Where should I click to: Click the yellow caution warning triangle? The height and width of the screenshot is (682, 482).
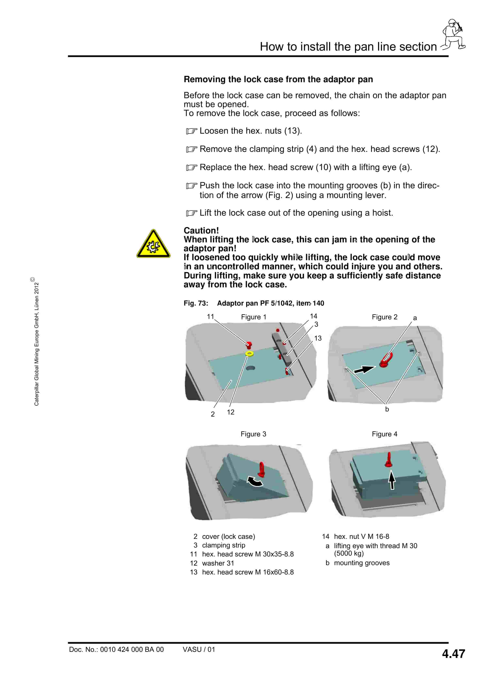point(153,244)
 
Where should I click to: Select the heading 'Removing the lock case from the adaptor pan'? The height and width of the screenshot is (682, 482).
point(278,79)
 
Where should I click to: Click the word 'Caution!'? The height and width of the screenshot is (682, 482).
point(201,230)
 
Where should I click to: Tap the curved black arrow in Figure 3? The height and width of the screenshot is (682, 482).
point(255,481)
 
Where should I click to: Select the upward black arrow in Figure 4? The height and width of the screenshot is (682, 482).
point(392,480)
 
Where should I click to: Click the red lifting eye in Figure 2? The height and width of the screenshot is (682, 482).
point(386,360)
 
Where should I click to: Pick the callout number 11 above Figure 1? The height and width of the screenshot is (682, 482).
point(210,317)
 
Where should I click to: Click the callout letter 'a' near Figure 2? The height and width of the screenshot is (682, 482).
point(415,318)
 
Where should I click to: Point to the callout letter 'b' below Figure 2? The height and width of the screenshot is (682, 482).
point(387,409)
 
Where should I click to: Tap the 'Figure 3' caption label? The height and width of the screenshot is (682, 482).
point(253,434)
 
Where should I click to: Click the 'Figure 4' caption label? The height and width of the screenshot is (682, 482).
point(385,434)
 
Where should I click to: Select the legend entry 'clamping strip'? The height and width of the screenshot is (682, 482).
point(223,545)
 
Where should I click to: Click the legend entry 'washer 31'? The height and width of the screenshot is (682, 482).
point(218,563)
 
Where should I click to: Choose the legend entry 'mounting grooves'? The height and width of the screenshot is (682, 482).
point(362,563)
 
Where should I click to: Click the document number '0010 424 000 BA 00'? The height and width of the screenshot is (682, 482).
point(132,649)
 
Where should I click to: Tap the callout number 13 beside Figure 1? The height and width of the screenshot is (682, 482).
point(318,338)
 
